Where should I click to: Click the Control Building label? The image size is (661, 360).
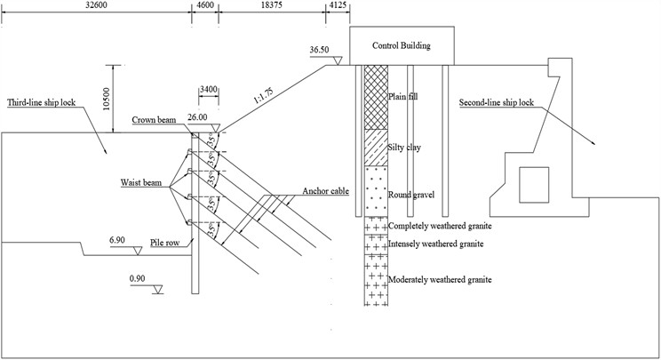point(402,42)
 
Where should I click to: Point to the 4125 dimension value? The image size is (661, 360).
point(338,5)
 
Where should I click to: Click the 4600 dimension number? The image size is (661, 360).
point(204,5)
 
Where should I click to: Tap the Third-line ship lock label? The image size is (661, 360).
point(44,101)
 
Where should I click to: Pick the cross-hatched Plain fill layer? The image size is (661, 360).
point(376,98)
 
